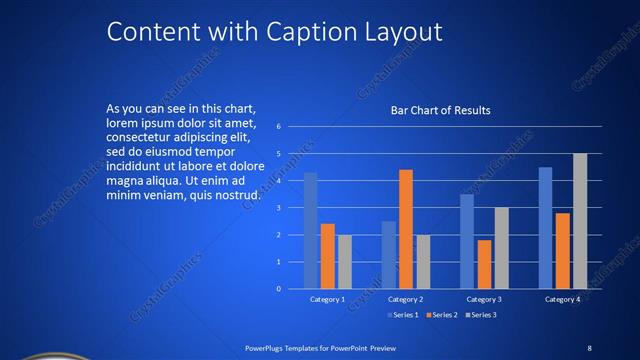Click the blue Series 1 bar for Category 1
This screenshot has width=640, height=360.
coord(310,231)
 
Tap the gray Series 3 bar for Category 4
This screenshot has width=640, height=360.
coord(580,221)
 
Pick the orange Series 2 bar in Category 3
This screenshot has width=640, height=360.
coord(485,264)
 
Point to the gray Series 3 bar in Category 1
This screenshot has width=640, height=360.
coord(345,262)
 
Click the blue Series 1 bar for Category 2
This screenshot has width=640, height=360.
coord(389,255)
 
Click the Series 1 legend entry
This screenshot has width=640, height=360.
coord(402,315)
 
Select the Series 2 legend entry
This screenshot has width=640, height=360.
coord(441,315)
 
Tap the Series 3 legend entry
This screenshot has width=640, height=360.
coord(480,315)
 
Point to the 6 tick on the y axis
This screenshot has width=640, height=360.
coord(291,126)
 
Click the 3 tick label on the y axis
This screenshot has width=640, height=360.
coord(291,208)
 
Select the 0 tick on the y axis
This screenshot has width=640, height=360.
coord(291,289)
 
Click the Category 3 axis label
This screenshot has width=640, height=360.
coord(485,299)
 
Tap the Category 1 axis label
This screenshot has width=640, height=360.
coord(327,299)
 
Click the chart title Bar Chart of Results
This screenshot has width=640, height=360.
coord(441,110)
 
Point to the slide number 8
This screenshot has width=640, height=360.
coord(589,347)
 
